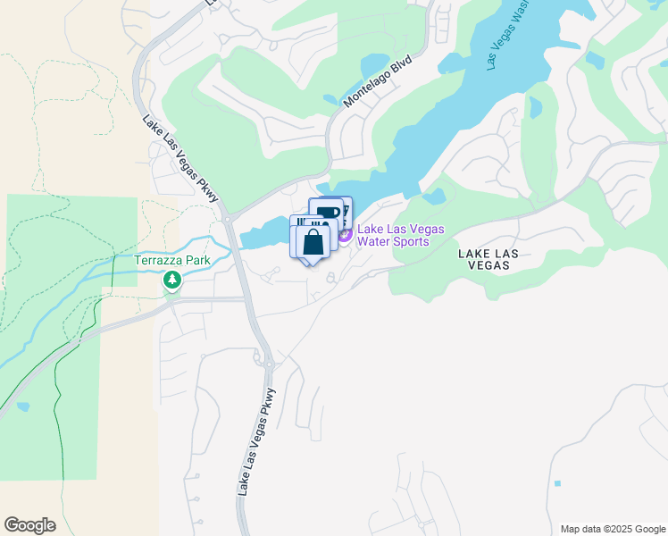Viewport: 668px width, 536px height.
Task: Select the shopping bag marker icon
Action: (x=313, y=241)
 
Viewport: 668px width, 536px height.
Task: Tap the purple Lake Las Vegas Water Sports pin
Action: (x=345, y=234)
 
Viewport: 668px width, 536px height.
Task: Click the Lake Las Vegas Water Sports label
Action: (x=400, y=235)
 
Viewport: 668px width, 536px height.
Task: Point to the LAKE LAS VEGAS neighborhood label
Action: (x=488, y=260)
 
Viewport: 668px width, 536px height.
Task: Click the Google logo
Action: (x=29, y=524)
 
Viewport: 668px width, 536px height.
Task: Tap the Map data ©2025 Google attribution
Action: (x=612, y=529)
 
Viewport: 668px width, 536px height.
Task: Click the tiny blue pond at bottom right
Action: (x=557, y=483)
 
